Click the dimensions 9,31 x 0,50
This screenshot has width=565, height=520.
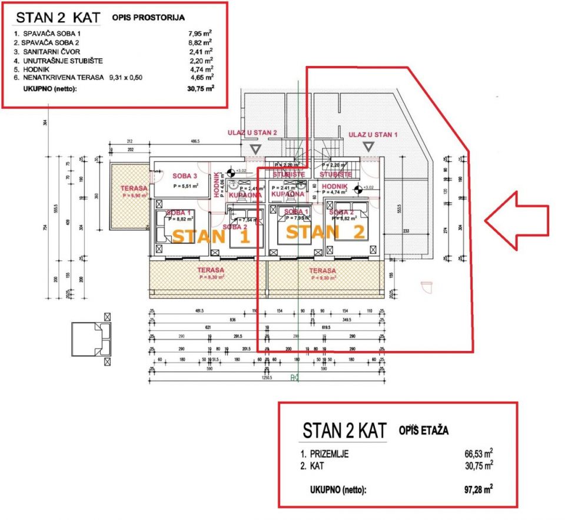[126, 77]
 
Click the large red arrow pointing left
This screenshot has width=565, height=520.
[516, 220]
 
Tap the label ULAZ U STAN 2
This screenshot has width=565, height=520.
[252, 133]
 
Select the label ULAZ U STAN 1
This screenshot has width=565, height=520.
[373, 135]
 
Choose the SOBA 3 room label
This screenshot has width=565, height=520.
[184, 175]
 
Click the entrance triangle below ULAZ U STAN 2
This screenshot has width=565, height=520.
[255, 150]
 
